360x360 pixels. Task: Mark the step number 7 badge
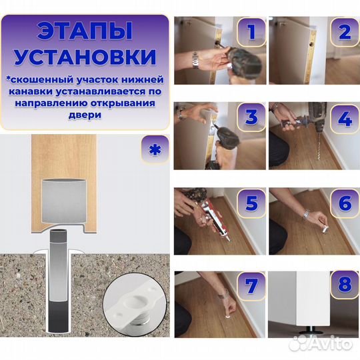[x=250, y=287]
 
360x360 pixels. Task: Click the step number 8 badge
[x=343, y=287]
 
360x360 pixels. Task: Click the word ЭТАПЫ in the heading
[x=84, y=31]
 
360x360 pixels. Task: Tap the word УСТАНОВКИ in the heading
[x=84, y=57]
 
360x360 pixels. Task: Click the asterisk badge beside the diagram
[x=154, y=149]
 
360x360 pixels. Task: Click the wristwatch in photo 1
[x=195, y=61]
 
